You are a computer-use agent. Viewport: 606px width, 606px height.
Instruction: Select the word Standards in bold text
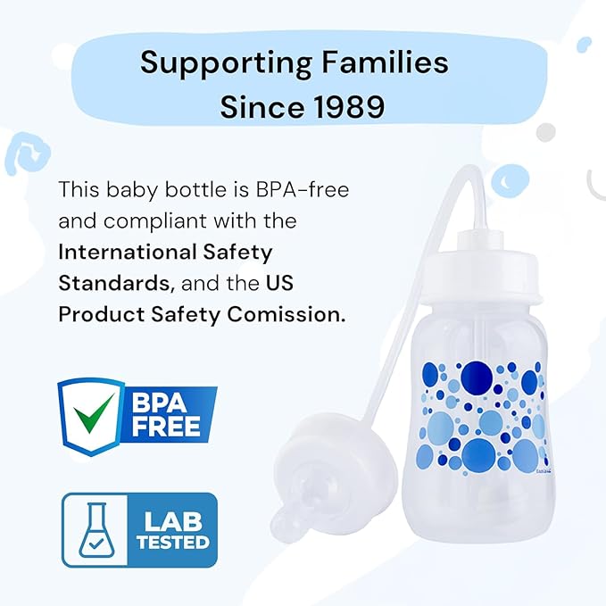[x=112, y=283]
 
